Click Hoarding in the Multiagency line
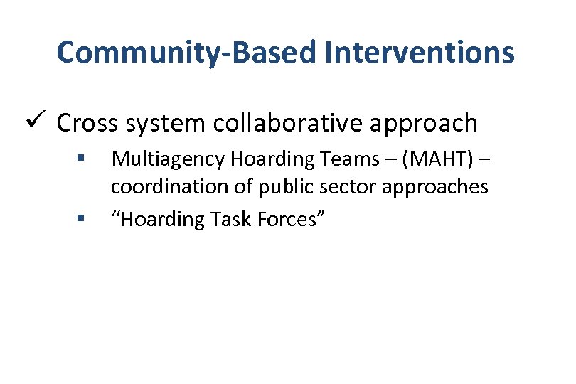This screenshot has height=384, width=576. [257, 160]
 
